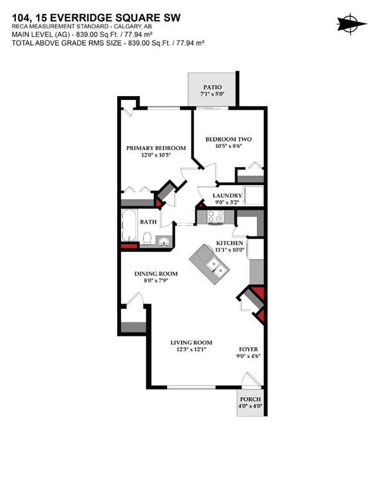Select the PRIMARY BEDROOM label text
point(156,148)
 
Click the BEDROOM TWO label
point(228,139)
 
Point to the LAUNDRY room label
point(227,196)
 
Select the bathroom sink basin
point(164,242)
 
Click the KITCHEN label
point(229,243)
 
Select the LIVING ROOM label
point(191,343)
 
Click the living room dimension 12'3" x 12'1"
point(191,350)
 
